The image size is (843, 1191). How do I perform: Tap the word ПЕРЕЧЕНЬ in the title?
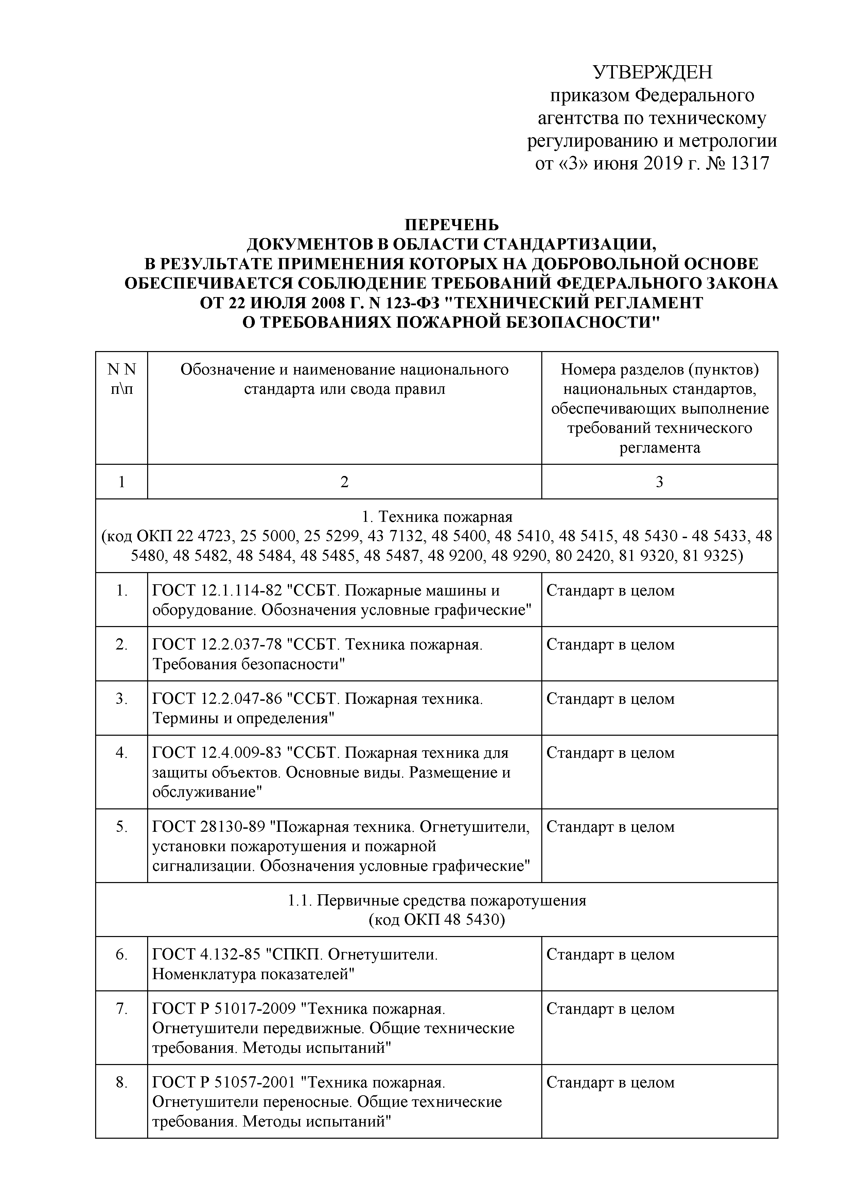pos(451,225)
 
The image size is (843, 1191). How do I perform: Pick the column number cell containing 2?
pos(344,482)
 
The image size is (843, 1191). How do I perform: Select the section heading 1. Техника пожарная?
pos(437,517)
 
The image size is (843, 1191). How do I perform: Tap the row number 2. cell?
pos(121,645)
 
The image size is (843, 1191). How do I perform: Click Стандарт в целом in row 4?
pos(610,753)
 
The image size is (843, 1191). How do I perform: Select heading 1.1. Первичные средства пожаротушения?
pos(437,900)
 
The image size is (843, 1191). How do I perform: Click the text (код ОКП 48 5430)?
pos(437,920)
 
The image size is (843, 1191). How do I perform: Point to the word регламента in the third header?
pos(659,448)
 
